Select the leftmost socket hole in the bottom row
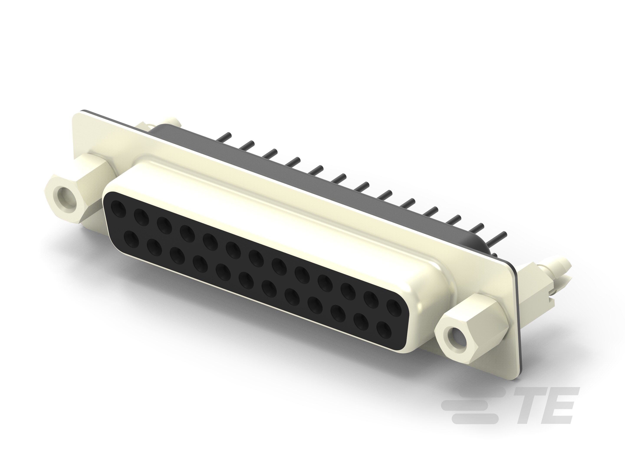pos(131,239)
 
